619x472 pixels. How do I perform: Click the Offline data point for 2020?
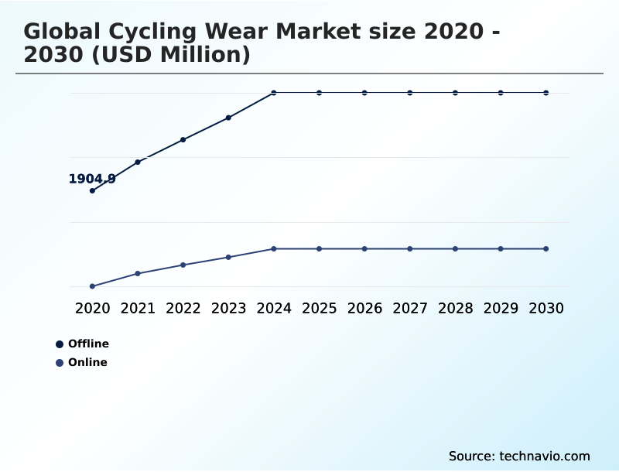(x=92, y=190)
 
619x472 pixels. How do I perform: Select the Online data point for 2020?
(x=92, y=286)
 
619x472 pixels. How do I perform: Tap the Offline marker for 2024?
(x=274, y=93)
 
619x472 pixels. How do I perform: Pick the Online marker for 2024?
(x=274, y=248)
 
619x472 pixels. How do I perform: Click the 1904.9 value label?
(x=92, y=179)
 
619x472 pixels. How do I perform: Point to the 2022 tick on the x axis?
(x=183, y=308)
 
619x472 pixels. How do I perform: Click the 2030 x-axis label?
(x=546, y=308)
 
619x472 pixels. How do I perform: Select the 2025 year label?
(x=319, y=308)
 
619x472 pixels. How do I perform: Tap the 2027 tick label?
(x=410, y=308)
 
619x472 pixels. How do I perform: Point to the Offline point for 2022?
(x=183, y=139)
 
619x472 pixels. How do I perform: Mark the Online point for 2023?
(x=228, y=257)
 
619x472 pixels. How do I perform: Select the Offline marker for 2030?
(x=546, y=93)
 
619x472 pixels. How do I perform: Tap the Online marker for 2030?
(x=546, y=248)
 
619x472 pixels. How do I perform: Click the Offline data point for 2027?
(x=410, y=93)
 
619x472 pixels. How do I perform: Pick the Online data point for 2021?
(x=138, y=273)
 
